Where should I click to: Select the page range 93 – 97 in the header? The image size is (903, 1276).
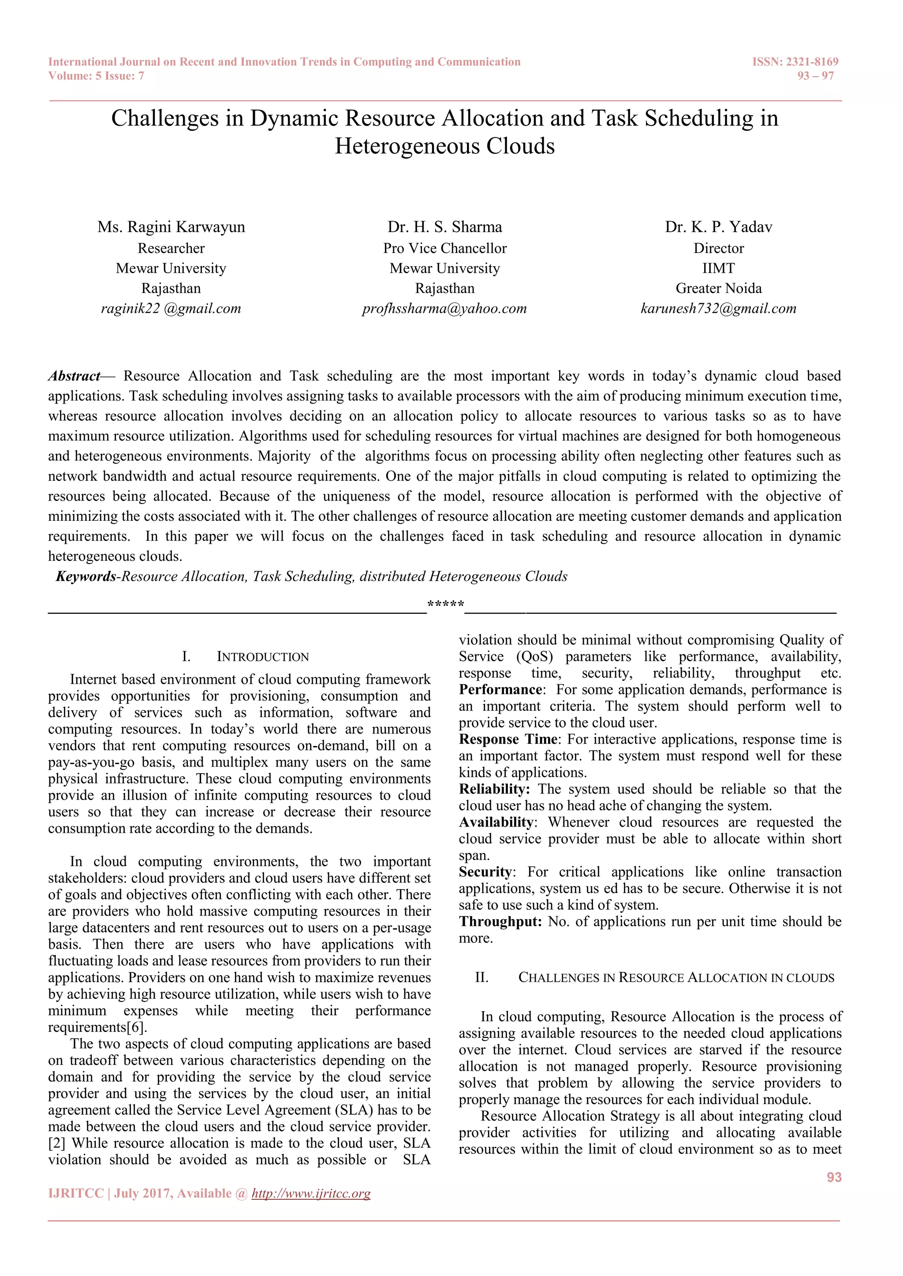[815, 76]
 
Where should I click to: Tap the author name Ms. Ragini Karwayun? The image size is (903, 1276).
[171, 227]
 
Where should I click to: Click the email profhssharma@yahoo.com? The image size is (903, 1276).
[444, 308]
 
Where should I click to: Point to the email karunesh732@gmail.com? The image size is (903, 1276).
[718, 308]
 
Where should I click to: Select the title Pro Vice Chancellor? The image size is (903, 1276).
[445, 248]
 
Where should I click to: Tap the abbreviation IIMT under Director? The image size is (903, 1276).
[718, 268]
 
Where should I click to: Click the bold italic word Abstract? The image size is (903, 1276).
[74, 376]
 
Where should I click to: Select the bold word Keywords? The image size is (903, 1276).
[86, 576]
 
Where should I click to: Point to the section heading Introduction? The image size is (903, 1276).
[262, 657]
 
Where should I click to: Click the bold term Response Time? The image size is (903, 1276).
[507, 739]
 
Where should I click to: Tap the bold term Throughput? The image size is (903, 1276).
[500, 921]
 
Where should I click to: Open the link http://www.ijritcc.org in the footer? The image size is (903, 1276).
[311, 1193]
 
